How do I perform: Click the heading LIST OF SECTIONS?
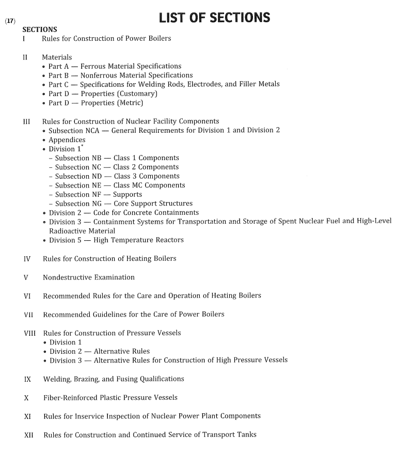coord(214,18)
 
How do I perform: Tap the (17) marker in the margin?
coord(10,21)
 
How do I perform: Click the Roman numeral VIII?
coord(30,333)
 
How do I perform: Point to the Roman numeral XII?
coord(28,434)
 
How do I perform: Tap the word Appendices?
coord(67,140)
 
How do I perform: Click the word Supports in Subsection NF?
coord(128,195)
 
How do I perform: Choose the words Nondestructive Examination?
coord(89,277)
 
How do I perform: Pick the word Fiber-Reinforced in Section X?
coord(70,398)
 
